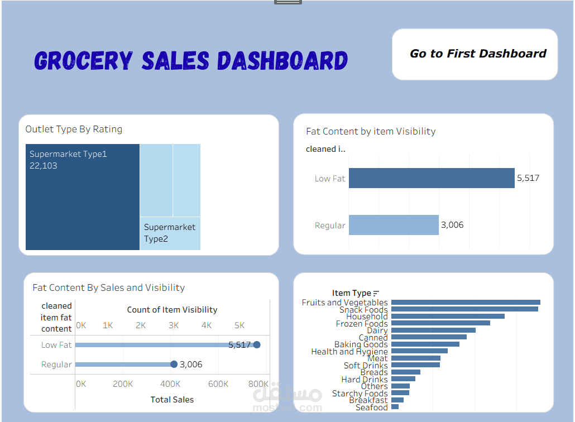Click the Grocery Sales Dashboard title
click(191, 60)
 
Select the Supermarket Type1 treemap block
click(83, 196)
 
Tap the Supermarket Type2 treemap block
click(170, 233)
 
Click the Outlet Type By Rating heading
click(74, 130)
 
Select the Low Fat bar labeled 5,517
click(432, 178)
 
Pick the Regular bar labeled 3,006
click(394, 225)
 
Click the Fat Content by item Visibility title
click(371, 132)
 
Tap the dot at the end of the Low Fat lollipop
click(257, 345)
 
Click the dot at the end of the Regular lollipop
click(174, 365)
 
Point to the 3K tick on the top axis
click(174, 325)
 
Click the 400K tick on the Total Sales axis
click(170, 384)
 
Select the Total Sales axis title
click(172, 400)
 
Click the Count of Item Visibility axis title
click(172, 310)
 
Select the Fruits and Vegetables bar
click(466, 303)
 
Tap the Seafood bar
click(395, 407)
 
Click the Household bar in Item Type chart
click(448, 317)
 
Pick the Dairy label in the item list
click(377, 330)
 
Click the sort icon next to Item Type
click(376, 293)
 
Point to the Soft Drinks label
click(366, 366)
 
